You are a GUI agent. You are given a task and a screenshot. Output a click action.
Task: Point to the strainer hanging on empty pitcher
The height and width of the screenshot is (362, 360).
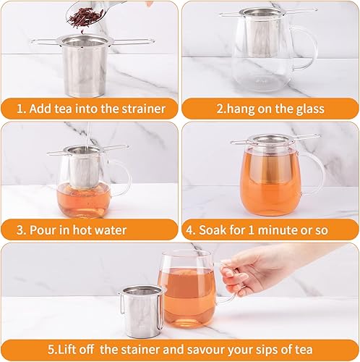pyautogui.click(x=269, y=29)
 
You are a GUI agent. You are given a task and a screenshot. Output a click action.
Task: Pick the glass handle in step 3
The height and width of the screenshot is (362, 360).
pyautogui.click(x=123, y=178)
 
